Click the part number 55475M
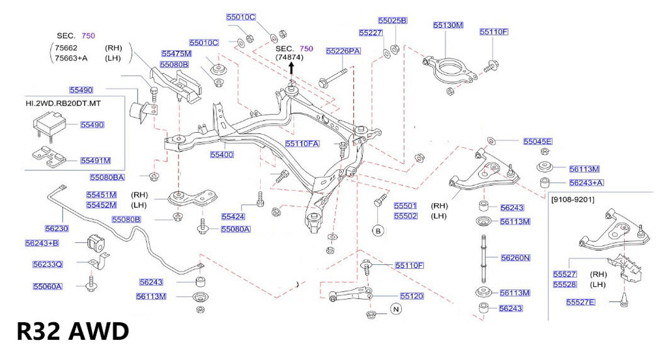tap(176, 53)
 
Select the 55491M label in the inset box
tap(95, 159)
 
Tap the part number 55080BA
tap(107, 176)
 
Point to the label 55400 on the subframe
tap(221, 155)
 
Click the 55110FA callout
tap(302, 143)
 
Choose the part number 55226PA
tap(343, 50)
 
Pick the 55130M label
tap(447, 25)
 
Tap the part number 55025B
tap(392, 20)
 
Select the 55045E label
tap(537, 141)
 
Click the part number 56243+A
tap(586, 183)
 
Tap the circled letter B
tap(377, 230)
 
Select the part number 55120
tap(412, 296)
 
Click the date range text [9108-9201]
tap(573, 198)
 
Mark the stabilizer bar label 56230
tap(57, 228)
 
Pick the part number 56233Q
tap(48, 264)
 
